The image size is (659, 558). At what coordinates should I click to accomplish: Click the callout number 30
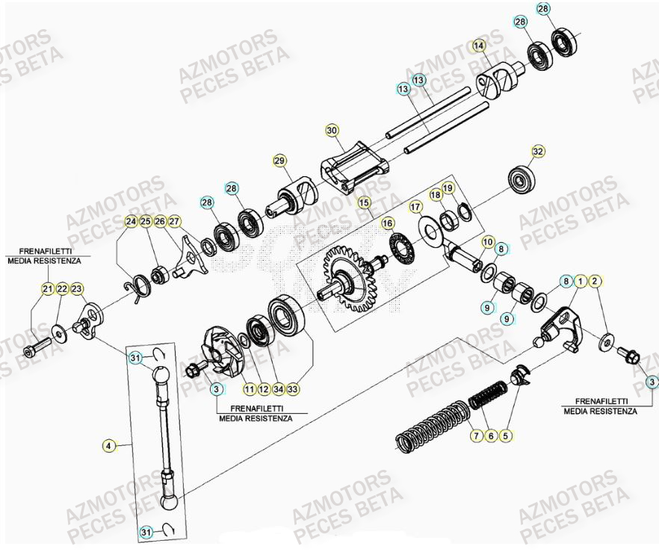[332, 130]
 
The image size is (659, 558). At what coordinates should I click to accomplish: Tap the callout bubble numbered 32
[537, 152]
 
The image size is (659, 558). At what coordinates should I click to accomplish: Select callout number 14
[479, 46]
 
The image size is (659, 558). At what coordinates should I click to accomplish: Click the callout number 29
[279, 161]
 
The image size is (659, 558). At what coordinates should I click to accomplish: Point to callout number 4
[108, 446]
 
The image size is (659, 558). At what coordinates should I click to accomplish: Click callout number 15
[364, 202]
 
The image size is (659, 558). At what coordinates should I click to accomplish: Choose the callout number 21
[47, 289]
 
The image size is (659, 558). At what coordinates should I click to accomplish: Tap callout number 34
[277, 388]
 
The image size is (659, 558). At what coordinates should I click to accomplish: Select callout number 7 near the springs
[475, 437]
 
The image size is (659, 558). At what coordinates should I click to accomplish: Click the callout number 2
[595, 281]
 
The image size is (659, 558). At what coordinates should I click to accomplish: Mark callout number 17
[416, 206]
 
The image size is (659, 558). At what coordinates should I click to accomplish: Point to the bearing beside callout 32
[518, 179]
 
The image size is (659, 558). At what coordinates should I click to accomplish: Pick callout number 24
[131, 221]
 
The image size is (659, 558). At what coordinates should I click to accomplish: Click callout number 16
[387, 223]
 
